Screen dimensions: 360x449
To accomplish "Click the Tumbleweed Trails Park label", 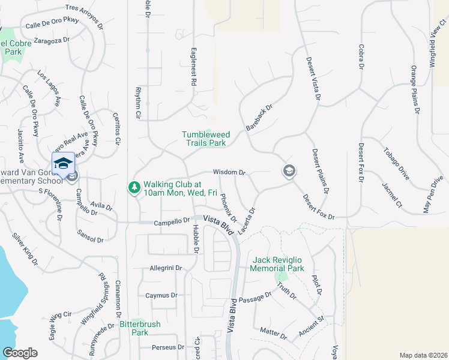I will point(204,139).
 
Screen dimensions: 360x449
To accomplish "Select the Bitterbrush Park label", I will point(140,328).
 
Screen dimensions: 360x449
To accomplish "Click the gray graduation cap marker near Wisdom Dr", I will point(289,172).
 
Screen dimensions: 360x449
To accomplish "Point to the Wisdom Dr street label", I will point(229,172).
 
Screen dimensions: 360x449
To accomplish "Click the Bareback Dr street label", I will point(259,118).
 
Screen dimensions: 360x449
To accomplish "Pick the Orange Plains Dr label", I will point(414,89).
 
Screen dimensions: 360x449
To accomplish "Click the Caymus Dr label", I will point(161,295).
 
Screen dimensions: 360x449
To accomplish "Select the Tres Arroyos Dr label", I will point(84,11).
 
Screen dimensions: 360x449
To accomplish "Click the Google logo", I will point(20,352).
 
